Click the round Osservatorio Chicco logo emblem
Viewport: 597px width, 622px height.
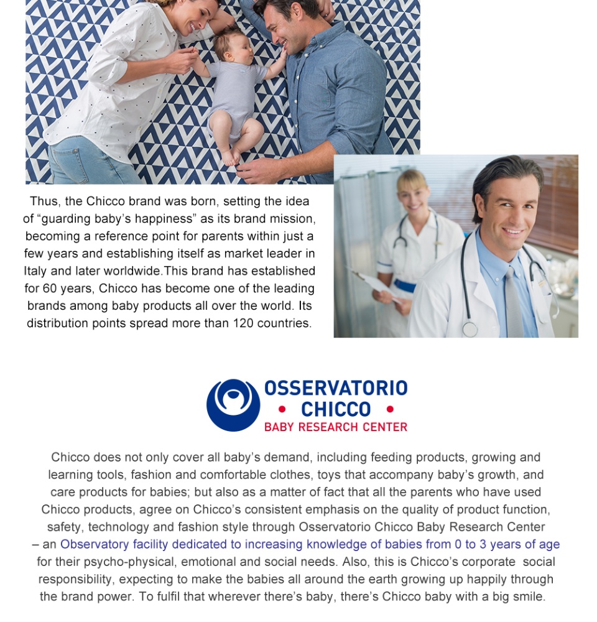click(x=233, y=405)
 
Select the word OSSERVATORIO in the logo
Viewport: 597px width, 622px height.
click(x=336, y=389)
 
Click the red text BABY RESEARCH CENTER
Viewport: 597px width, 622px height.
click(x=336, y=427)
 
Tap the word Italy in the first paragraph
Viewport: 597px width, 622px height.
click(x=35, y=271)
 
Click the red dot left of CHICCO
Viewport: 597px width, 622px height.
click(x=282, y=409)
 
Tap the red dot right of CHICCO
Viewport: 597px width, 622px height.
click(x=390, y=409)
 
